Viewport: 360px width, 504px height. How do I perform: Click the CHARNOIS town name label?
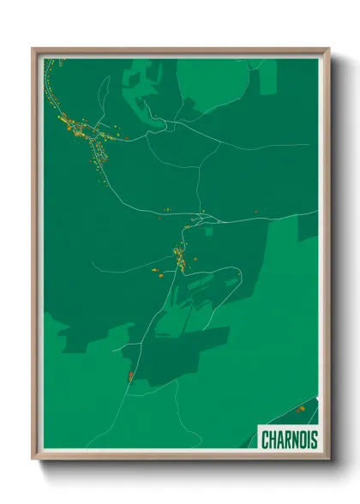pos(289,439)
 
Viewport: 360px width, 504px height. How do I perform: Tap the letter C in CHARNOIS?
pos(266,439)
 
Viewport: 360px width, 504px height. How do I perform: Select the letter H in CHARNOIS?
pos(273,439)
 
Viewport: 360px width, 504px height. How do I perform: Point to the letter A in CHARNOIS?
pos(280,439)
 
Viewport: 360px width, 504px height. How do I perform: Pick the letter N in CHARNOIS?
pos(295,439)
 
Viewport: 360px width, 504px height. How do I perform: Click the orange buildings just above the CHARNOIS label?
pos(300,409)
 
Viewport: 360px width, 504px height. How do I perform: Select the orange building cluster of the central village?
pos(179,257)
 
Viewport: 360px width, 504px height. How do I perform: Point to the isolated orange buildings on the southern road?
pos(130,375)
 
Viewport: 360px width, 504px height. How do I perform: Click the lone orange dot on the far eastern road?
pos(255,211)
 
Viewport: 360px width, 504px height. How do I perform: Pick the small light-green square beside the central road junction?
pos(209,229)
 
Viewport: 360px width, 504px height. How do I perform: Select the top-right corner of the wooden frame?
pos(328,49)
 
